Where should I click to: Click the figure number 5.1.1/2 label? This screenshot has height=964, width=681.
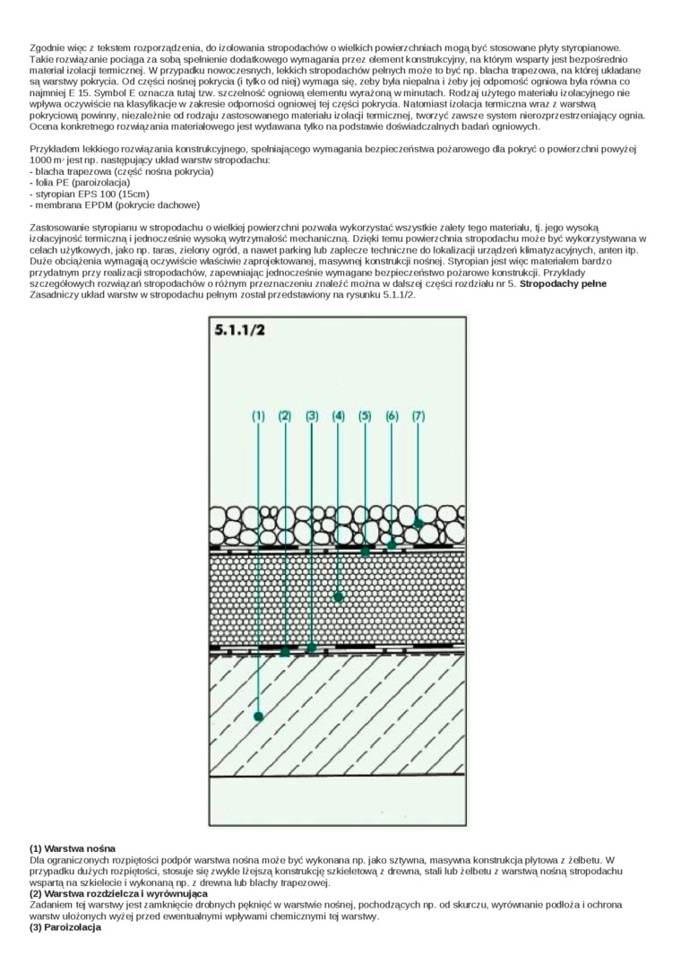click(x=238, y=330)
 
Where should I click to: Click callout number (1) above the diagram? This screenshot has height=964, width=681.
click(x=258, y=416)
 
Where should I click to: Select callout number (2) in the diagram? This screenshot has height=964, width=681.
click(x=285, y=416)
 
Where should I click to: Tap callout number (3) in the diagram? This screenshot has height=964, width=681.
click(x=312, y=416)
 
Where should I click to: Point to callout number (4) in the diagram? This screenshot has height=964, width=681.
click(x=338, y=416)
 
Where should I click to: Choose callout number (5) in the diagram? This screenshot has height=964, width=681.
click(x=365, y=416)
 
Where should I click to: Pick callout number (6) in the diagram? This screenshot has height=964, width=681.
click(x=392, y=416)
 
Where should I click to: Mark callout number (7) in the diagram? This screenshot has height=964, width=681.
click(x=418, y=416)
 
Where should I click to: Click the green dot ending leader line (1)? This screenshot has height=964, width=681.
click(x=258, y=716)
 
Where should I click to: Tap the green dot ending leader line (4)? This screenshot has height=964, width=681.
click(x=338, y=596)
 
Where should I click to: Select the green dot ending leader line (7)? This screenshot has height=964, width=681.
click(x=418, y=523)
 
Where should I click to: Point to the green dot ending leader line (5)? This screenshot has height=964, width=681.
click(x=365, y=552)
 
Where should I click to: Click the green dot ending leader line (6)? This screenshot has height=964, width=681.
click(x=392, y=544)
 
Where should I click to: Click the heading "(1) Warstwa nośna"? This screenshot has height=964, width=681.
click(x=73, y=848)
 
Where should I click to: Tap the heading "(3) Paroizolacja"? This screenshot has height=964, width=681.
click(x=65, y=927)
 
